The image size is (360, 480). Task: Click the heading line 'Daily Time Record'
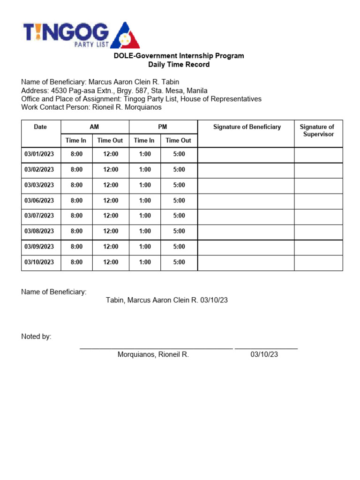click(x=179, y=65)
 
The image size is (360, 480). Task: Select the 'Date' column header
click(x=40, y=127)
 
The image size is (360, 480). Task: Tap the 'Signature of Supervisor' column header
click(x=317, y=131)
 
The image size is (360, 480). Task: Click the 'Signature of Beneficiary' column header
click(x=247, y=127)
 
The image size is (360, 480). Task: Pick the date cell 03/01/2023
click(x=39, y=154)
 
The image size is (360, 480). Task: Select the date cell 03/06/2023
click(x=39, y=201)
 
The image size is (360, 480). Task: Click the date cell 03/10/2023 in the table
click(x=39, y=262)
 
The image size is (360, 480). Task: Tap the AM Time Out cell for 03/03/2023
click(x=111, y=185)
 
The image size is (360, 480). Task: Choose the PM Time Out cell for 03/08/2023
click(x=179, y=231)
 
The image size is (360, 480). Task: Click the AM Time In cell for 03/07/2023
click(x=76, y=216)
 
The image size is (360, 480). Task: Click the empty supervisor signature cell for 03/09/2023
click(x=318, y=247)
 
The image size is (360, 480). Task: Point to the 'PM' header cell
click(x=163, y=127)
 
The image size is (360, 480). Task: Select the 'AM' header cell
click(x=95, y=127)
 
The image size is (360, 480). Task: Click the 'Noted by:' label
click(x=37, y=337)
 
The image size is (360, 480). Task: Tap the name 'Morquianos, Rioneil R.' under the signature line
click(x=153, y=355)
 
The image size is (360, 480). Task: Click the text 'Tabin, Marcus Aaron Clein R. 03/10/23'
click(x=167, y=300)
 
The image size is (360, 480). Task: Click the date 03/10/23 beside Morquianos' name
click(x=264, y=355)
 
